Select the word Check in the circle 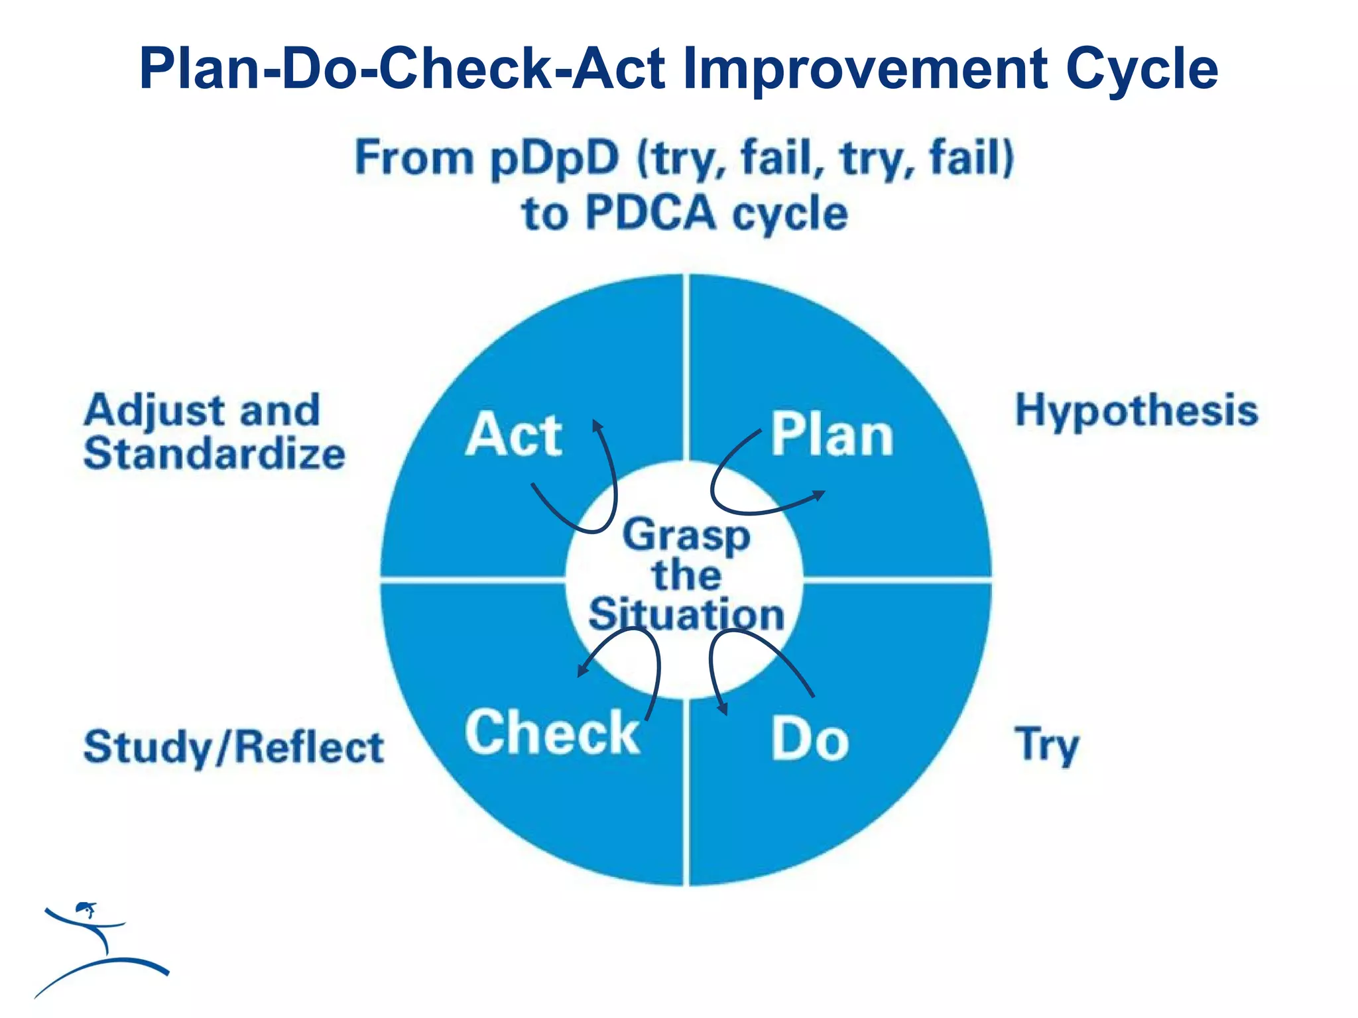point(552,732)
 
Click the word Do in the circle point(810,739)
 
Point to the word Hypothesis point(1137,410)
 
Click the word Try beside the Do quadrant point(1046,746)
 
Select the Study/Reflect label point(233,747)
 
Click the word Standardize point(214,454)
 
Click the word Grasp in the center point(686,536)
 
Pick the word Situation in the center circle point(686,614)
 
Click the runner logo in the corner point(99,948)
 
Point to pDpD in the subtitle point(554,159)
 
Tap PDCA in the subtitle point(652,213)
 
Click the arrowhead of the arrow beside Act point(597,425)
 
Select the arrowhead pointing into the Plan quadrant point(820,494)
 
